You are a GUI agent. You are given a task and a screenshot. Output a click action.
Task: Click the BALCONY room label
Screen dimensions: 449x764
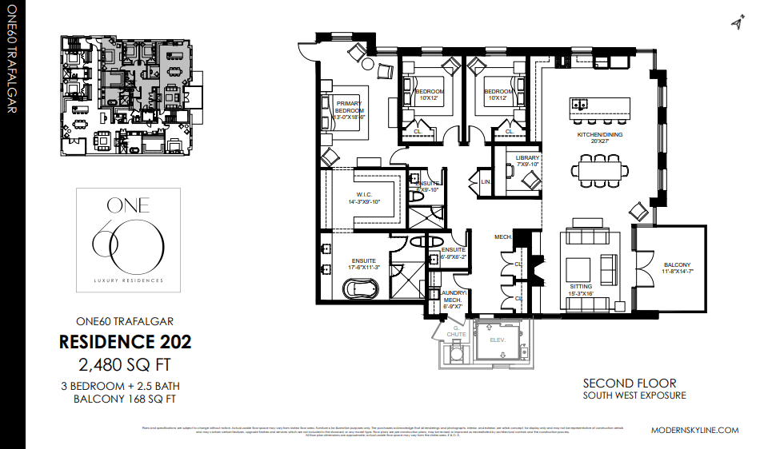[x=676, y=265]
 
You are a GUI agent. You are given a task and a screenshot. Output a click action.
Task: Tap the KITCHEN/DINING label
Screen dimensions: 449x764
[x=600, y=135]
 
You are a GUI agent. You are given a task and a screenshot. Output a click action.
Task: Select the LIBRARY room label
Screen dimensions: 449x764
[x=527, y=158]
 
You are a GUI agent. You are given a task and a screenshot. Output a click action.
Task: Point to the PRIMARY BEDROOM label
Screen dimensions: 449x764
[x=350, y=106]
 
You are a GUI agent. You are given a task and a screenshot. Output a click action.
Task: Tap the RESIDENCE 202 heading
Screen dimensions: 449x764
[x=126, y=342]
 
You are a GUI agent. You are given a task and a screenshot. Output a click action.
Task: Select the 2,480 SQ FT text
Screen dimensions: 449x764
[x=126, y=365]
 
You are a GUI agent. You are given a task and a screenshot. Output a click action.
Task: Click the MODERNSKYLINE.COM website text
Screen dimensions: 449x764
[x=694, y=430]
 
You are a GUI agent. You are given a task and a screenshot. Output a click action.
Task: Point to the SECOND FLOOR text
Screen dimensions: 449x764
[x=629, y=383]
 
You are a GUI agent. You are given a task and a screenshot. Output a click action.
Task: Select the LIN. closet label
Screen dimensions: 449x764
[x=485, y=182]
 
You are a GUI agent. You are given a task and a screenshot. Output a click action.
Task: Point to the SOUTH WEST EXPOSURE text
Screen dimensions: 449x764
[x=634, y=395]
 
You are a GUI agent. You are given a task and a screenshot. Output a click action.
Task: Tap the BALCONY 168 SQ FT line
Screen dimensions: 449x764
[x=125, y=398]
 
